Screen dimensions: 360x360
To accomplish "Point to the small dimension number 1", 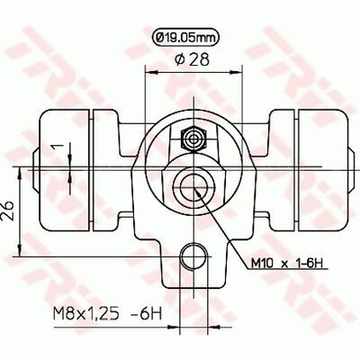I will [x=56, y=147].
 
